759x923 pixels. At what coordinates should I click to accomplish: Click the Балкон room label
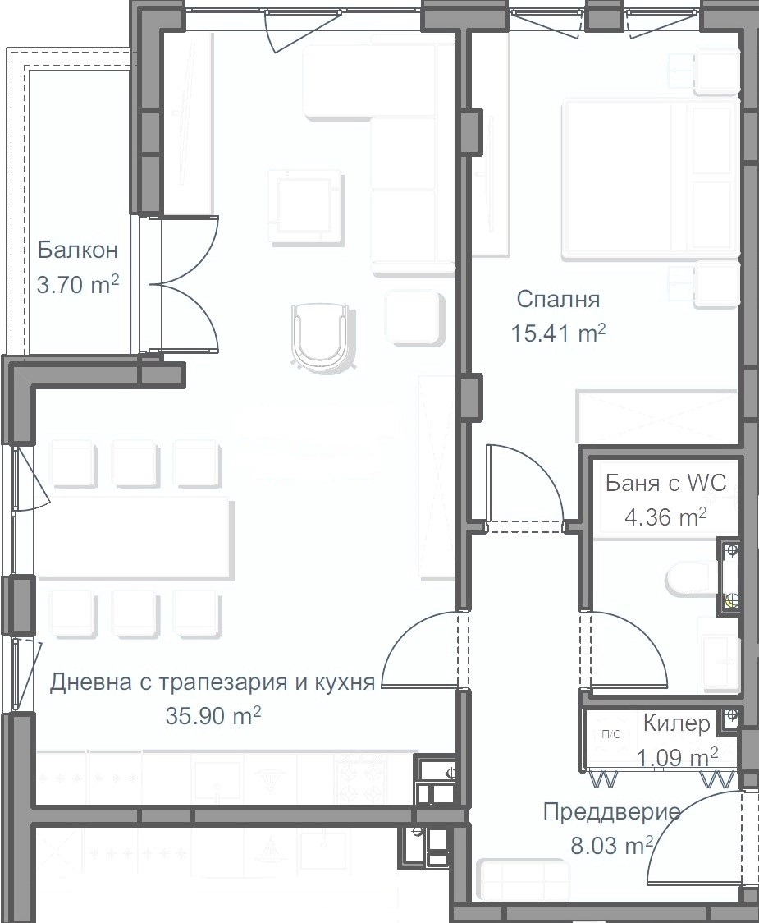coord(78,250)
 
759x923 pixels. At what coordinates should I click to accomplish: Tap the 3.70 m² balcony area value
coord(78,285)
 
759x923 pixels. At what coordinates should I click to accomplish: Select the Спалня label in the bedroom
coord(558,300)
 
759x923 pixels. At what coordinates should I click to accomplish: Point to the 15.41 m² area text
coord(558,333)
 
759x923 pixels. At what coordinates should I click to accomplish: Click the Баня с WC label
coord(666,484)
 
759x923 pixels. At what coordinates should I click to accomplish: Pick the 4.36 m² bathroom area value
coord(665,517)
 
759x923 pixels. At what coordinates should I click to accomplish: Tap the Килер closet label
coord(677,723)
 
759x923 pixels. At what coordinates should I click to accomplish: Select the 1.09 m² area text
coord(678,757)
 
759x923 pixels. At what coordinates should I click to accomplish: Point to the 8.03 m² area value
coord(612,846)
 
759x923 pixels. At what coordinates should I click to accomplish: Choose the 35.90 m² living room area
coord(213,716)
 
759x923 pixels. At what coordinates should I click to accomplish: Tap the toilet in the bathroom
coord(692,579)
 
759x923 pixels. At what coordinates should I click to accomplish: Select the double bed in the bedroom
coord(650,180)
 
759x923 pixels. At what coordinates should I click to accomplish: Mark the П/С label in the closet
coord(610,734)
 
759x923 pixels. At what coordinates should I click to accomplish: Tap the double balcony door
coord(184,285)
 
